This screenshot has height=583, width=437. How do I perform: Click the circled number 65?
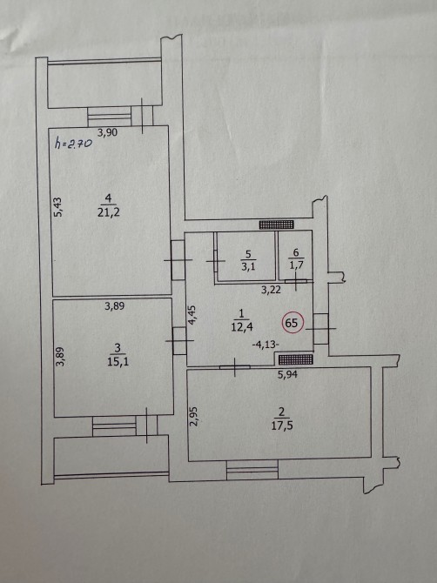293,322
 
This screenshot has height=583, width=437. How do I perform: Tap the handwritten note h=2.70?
73,144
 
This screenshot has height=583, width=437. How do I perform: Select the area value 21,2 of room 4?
109,213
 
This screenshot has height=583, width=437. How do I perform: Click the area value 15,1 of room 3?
118,362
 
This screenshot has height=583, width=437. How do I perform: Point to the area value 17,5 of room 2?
281,426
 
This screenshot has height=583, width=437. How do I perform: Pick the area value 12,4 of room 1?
241,327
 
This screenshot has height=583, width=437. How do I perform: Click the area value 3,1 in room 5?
248,266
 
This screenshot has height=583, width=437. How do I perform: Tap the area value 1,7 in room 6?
296,265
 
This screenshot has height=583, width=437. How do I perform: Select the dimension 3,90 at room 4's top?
107,132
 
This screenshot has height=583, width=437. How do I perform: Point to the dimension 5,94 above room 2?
287,375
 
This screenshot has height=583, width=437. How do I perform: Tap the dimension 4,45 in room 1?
192,315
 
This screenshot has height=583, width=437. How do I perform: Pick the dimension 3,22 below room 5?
271,290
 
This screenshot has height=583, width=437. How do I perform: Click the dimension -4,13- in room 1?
266,345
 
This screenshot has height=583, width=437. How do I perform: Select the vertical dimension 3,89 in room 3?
61,357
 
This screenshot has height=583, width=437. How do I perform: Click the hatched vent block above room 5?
276,224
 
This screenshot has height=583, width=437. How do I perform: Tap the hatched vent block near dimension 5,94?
296,359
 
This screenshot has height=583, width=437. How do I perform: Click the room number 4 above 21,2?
109,198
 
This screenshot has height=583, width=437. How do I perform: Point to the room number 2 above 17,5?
281,412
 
